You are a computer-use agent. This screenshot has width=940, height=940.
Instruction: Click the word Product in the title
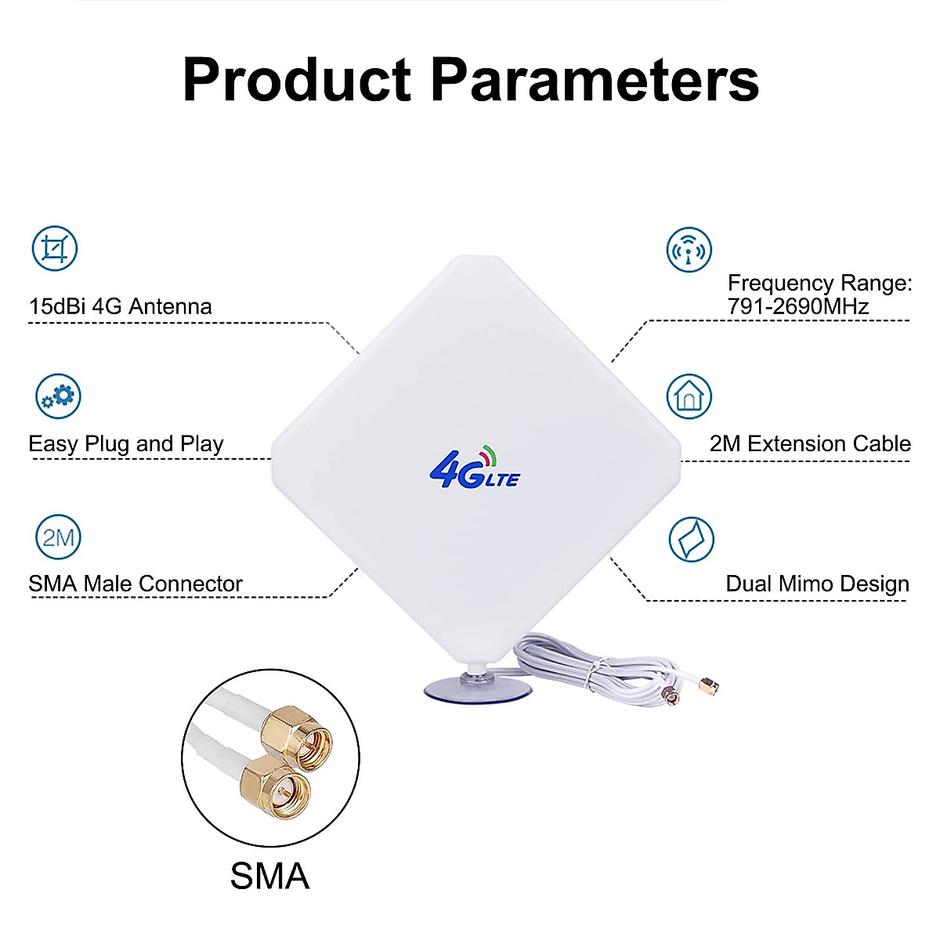coord(296,80)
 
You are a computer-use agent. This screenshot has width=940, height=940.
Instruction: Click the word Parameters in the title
coord(595,80)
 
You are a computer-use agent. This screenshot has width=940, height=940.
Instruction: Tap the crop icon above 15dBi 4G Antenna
coord(55,248)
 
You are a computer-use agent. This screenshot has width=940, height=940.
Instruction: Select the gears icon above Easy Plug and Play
coord(59,396)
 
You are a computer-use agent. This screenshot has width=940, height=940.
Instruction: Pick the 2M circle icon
coord(59,537)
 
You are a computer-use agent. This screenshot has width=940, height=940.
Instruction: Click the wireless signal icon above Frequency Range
coord(689,250)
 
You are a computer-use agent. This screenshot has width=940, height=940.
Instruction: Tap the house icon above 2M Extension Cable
coord(689,396)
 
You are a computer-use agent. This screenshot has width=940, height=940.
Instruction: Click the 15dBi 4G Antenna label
coord(120,306)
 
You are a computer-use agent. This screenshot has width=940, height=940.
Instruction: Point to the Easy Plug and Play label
coord(126,444)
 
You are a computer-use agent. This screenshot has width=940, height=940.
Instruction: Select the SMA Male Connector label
coord(136,584)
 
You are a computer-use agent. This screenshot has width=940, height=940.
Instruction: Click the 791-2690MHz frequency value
coord(798,306)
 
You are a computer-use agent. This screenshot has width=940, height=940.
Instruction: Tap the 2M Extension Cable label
coord(810,444)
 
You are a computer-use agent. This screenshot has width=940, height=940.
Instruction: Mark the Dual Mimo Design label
coord(817,584)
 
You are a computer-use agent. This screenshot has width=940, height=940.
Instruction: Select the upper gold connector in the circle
coord(295,733)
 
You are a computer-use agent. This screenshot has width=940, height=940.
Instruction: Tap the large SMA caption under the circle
coord(269,876)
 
